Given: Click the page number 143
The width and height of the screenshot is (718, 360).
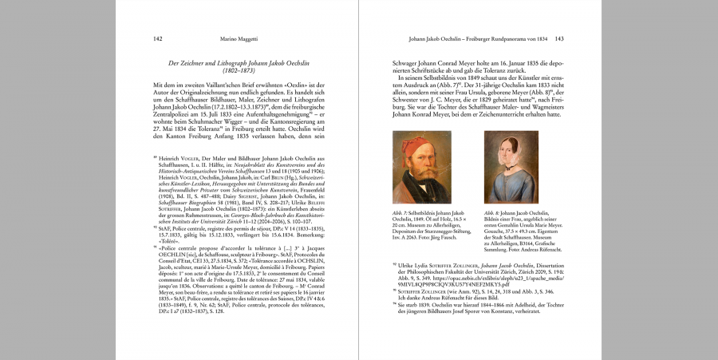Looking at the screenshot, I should (x=560, y=38).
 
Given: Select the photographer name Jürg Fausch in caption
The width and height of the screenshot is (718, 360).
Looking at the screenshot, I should (x=440, y=238).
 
